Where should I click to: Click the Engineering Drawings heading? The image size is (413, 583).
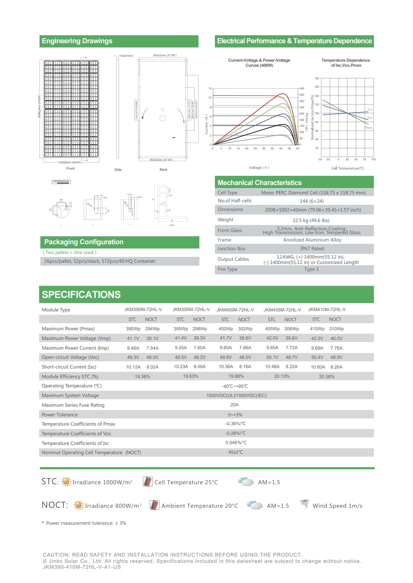click(77, 41)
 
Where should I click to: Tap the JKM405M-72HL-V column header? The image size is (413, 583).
click(282, 310)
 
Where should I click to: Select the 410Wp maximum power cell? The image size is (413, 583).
click(317, 329)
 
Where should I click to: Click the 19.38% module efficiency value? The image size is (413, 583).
click(143, 376)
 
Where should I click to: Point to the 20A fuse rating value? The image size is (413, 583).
click(234, 405)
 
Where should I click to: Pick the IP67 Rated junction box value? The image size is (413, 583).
click(312, 248)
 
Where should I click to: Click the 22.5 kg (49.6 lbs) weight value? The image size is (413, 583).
click(311, 220)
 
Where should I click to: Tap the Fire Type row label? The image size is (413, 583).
click(228, 269)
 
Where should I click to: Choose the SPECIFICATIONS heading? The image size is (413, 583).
click(81, 295)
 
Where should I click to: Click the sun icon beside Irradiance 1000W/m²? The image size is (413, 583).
click(66, 482)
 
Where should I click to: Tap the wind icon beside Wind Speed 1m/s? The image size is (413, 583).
click(304, 504)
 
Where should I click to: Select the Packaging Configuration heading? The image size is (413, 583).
click(84, 242)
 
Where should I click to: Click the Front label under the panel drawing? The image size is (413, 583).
click(70, 168)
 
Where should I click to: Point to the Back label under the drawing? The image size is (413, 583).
click(164, 170)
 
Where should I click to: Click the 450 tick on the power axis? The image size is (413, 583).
click(302, 89)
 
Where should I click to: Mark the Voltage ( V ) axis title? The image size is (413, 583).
click(259, 167)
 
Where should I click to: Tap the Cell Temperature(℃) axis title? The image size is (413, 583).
click(347, 168)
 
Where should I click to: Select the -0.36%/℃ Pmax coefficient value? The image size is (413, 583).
click(236, 424)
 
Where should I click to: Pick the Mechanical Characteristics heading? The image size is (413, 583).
click(259, 183)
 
